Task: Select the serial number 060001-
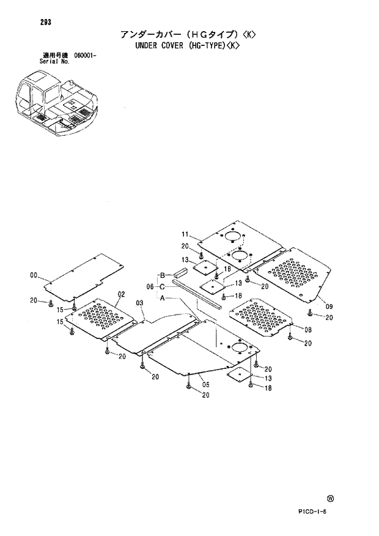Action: (x=86, y=56)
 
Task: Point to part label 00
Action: (x=34, y=275)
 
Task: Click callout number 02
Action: (x=121, y=294)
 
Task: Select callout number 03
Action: (x=139, y=303)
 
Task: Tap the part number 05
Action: (x=206, y=384)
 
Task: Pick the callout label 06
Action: (x=150, y=286)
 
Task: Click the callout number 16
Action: (x=226, y=269)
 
